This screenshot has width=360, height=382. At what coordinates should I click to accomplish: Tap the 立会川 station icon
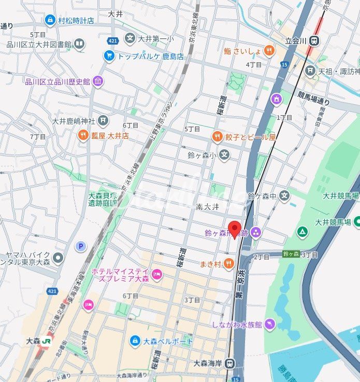pos(315,40)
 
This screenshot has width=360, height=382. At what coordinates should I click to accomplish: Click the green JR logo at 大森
pos(47,341)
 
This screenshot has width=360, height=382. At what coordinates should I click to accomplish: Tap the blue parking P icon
pos(81,246)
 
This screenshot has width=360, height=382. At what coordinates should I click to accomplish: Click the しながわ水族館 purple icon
pos(269,324)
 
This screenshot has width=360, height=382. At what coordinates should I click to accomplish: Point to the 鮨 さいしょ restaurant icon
pos(269,50)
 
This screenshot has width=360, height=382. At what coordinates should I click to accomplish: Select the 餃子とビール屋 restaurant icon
pos(218,137)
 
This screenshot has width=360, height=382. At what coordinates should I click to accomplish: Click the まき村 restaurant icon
pos(228,265)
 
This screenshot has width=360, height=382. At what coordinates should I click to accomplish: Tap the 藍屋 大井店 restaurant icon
pos(83,136)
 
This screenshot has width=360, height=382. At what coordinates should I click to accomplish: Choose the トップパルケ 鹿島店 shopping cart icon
pos(109,55)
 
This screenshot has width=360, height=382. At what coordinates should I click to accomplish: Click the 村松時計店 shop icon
pos(50,20)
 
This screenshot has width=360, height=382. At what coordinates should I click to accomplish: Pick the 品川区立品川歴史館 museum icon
pos(98,81)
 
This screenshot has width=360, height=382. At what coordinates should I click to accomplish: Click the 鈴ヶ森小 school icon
pos(224,154)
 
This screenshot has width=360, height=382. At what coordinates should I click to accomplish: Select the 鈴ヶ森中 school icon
pos(284,195)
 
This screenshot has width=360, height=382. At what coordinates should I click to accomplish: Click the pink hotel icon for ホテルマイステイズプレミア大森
pos(156,273)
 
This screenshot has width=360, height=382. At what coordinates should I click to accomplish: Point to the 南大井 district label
pos(208,206)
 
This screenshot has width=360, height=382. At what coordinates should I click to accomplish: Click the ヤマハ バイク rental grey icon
pos(58,258)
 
